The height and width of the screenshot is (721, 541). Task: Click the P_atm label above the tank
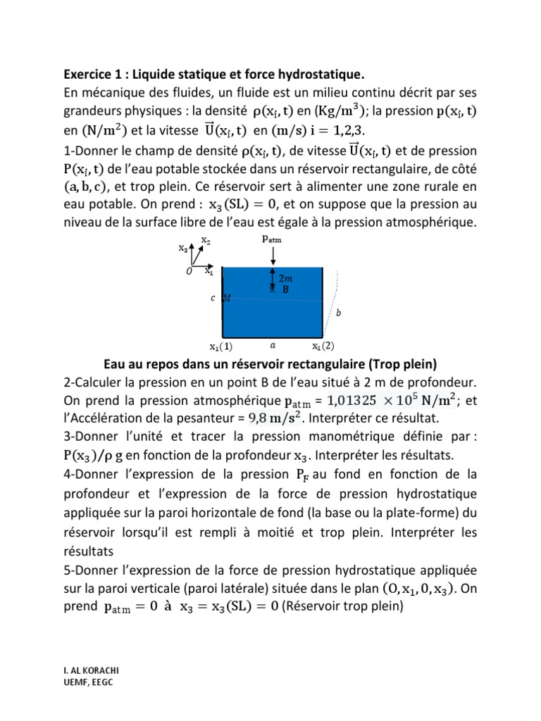coord(273,238)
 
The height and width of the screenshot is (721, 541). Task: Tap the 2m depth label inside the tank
coord(286,278)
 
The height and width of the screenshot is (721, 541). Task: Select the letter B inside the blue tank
coord(286,289)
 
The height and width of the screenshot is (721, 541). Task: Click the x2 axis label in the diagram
coord(205,240)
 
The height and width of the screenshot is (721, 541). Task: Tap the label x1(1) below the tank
coord(221,346)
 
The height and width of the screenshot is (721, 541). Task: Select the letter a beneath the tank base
coord(273,346)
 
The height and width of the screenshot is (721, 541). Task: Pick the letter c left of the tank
coord(213,298)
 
